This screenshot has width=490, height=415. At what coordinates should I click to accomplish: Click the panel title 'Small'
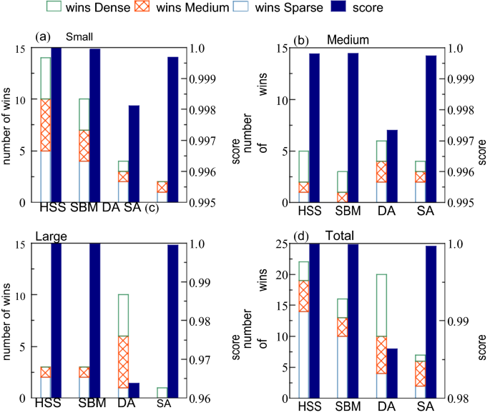coord(80,37)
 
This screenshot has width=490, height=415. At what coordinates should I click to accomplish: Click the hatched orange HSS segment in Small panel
coord(45,125)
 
